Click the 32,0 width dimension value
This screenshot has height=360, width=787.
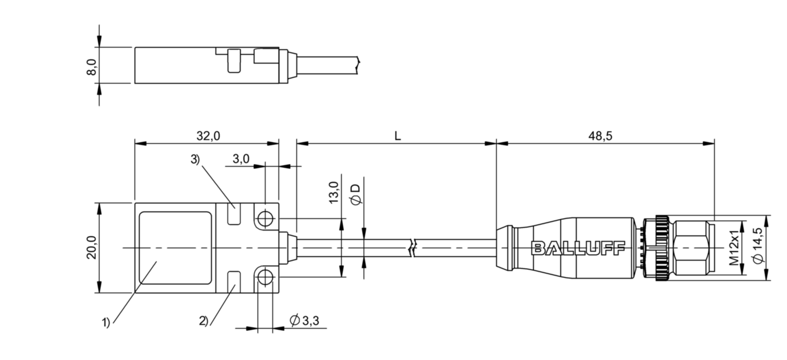pyautogui.click(x=208, y=136)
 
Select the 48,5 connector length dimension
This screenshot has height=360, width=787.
pyautogui.click(x=600, y=136)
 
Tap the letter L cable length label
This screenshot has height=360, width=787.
pyautogui.click(x=397, y=136)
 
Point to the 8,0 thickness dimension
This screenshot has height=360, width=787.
pyautogui.click(x=91, y=67)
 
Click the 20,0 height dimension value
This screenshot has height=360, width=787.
pyautogui.click(x=91, y=248)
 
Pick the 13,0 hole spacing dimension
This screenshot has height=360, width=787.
pyautogui.click(x=334, y=192)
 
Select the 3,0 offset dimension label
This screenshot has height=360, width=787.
pyautogui.click(x=241, y=159)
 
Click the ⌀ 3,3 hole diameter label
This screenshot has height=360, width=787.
pyautogui.click(x=305, y=320)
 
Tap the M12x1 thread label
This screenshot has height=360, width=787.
pyautogui.click(x=734, y=248)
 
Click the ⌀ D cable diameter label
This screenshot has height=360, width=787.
pyautogui.click(x=356, y=195)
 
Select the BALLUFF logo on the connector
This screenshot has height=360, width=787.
pyautogui.click(x=578, y=248)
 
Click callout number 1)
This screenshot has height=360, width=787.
pyautogui.click(x=106, y=322)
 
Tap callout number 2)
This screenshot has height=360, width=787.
pyautogui.click(x=204, y=321)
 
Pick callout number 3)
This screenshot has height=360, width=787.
pyautogui.click(x=195, y=159)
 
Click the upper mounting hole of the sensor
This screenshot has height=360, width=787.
pyautogui.click(x=265, y=219)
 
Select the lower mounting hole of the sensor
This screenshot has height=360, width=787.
pyautogui.click(x=265, y=278)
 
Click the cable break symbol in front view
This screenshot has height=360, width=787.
pyautogui.click(x=413, y=248)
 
